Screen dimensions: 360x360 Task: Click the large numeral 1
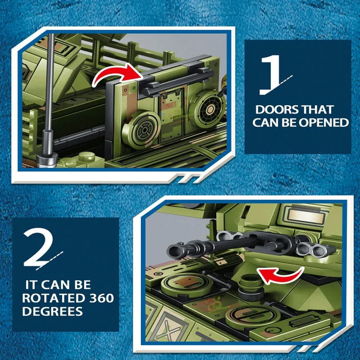pyautogui.click(x=271, y=75)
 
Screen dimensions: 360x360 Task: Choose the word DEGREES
pyautogui.click(x=52, y=311)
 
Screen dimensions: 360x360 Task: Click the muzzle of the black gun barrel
pyautogui.click(x=174, y=251)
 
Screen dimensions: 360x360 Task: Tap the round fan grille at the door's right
pyautogui.click(x=207, y=108)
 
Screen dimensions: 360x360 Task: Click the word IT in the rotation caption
pyautogui.click(x=31, y=285)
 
